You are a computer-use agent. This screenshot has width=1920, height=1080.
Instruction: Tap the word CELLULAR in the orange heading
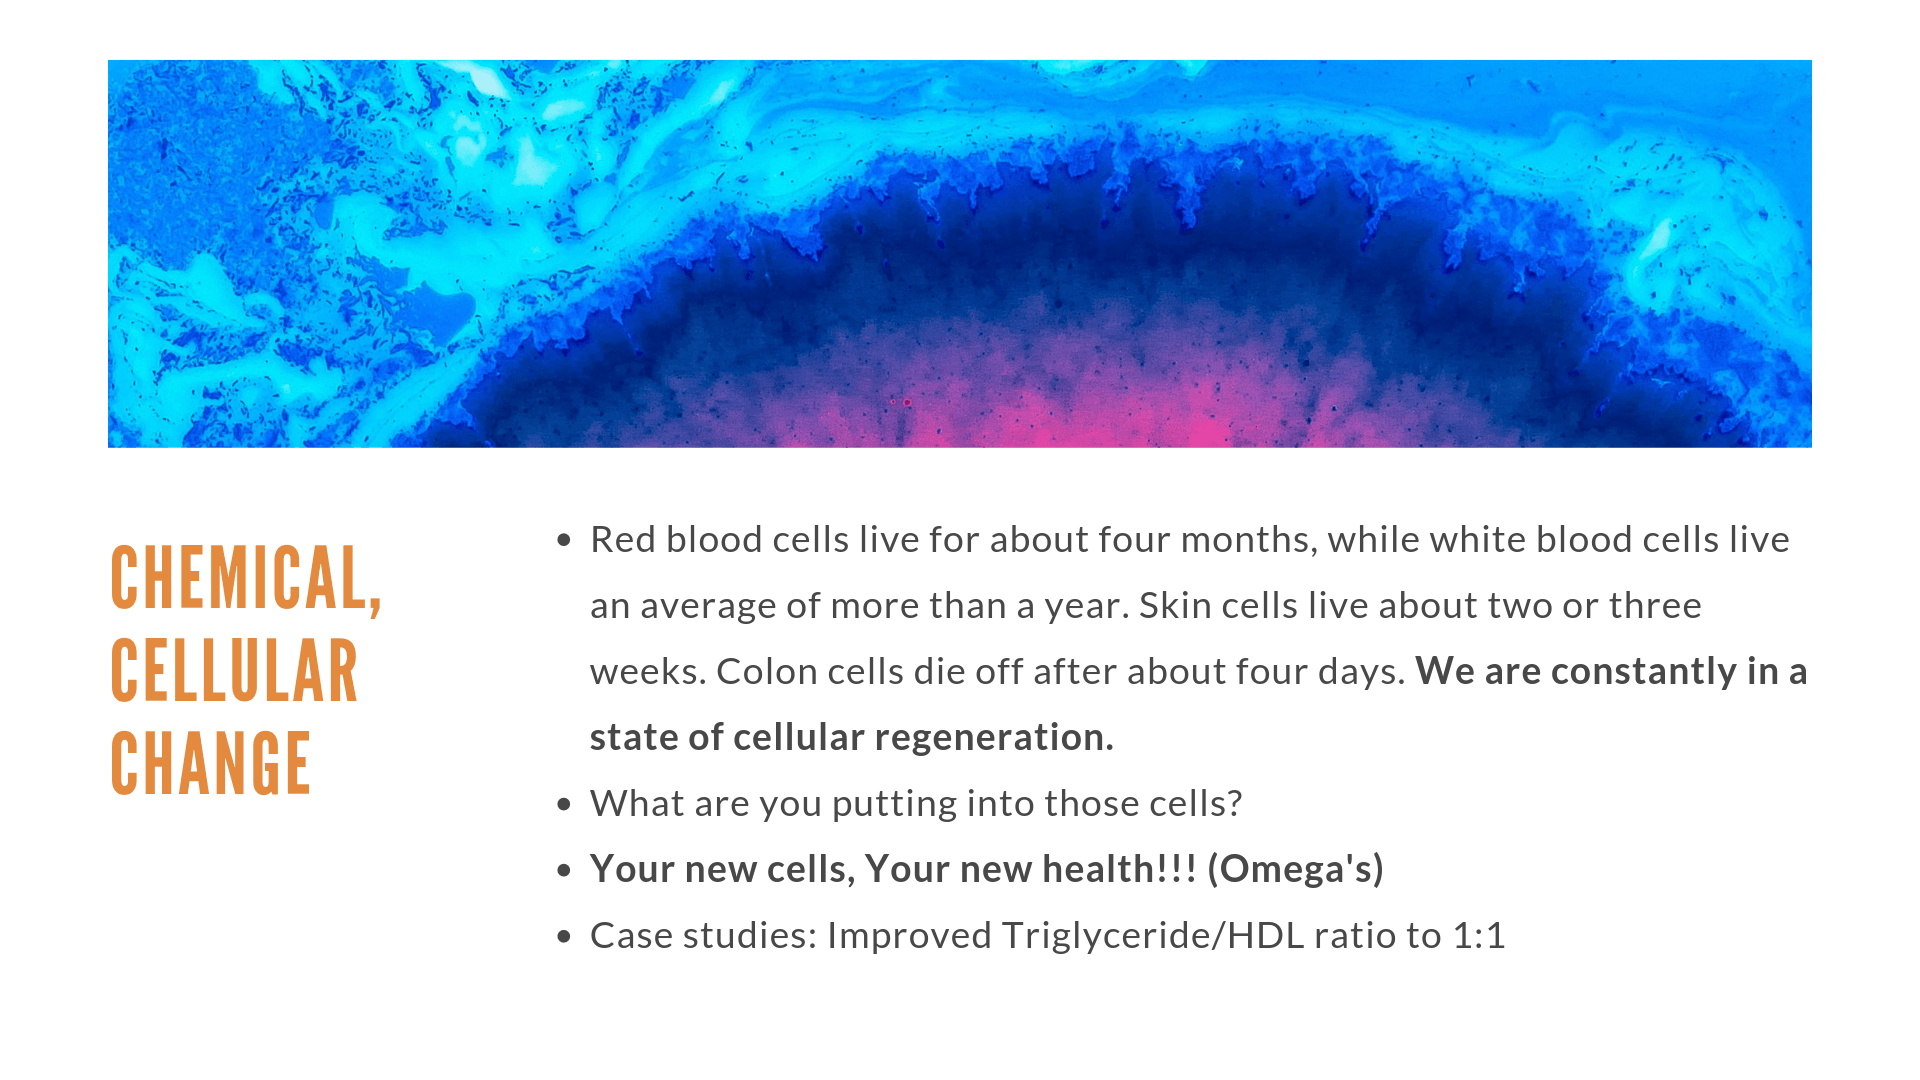234,671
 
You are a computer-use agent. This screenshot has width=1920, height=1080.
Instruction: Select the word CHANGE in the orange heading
211,763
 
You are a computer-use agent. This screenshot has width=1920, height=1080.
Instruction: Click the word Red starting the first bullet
623,540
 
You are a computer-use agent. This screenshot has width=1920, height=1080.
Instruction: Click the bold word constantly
1610,672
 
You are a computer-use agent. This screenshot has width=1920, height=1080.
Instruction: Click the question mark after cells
1234,804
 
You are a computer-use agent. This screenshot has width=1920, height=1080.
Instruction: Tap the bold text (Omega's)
1295,870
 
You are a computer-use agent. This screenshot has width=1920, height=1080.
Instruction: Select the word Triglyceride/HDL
1153,936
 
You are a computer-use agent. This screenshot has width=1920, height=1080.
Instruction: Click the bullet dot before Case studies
564,937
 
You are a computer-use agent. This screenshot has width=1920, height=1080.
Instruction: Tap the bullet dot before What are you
564,805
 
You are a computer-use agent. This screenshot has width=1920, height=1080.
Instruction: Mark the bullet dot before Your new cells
564,871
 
